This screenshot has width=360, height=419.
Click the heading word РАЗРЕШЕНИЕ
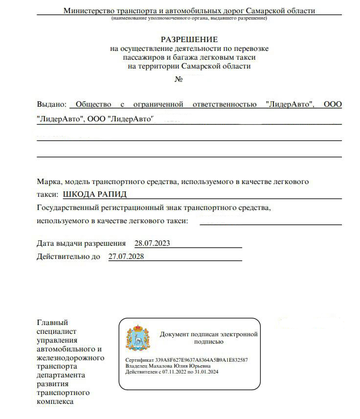click(189, 39)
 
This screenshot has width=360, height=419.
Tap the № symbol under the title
click(179, 79)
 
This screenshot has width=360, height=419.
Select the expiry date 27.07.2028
click(126, 256)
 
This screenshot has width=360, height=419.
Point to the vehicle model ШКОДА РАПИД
click(95, 194)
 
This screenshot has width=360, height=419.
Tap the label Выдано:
click(51, 104)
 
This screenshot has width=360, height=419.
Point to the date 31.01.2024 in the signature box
click(206, 372)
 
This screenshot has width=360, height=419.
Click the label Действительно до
click(68, 256)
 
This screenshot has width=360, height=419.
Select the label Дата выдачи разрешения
click(81, 243)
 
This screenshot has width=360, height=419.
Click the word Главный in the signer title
click(52, 322)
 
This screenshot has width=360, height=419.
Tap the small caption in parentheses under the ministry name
click(189, 18)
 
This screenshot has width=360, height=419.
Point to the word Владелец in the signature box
click(137, 366)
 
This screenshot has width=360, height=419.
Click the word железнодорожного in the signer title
click(70, 357)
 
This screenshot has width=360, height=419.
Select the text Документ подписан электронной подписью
click(208, 338)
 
